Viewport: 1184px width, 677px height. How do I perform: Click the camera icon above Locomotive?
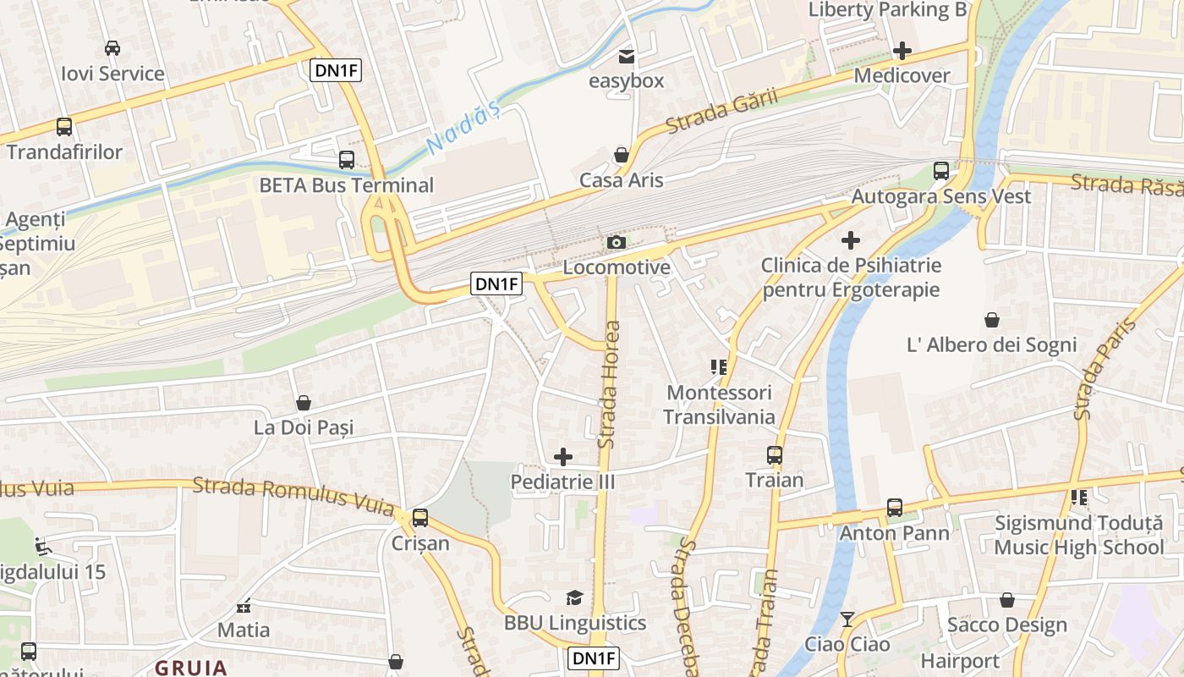[617, 243]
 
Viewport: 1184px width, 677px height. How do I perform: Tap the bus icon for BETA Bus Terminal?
[346, 160]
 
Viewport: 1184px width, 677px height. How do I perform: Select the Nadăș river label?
[463, 129]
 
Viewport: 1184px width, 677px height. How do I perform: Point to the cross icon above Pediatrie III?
[562, 458]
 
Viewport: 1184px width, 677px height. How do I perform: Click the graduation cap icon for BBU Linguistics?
[575, 598]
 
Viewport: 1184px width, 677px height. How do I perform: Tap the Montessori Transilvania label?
[719, 405]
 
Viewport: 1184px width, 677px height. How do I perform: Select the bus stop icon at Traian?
[774, 455]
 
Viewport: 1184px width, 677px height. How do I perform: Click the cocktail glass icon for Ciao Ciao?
[847, 619]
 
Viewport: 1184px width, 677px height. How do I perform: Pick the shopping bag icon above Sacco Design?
[1007, 600]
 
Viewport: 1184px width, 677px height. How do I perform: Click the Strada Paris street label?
[1103, 369]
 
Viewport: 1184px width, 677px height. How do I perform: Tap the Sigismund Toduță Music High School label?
[1078, 535]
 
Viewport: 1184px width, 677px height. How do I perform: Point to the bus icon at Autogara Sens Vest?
[940, 171]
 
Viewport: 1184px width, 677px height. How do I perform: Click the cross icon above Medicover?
[902, 51]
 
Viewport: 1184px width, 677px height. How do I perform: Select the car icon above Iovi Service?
[112, 48]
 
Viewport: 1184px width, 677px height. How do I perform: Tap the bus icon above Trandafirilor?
[64, 127]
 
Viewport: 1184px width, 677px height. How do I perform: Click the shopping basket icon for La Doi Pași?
[303, 403]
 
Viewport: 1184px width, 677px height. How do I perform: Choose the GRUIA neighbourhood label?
[191, 667]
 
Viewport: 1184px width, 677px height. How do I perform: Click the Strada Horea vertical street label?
[609, 385]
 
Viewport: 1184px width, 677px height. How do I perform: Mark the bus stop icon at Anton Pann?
[894, 508]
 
